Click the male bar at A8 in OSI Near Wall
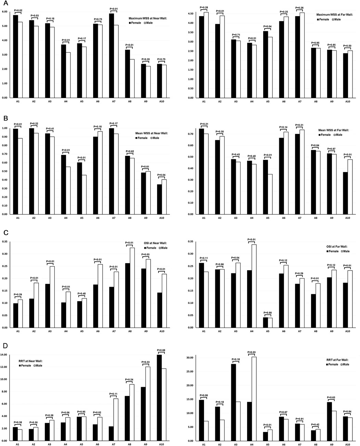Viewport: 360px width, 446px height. pos(132,287)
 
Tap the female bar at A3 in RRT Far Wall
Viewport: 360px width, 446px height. pos(233,402)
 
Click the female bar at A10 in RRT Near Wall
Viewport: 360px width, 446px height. pos(159,398)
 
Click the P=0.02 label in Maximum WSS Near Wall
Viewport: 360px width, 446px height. pos(18,11)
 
